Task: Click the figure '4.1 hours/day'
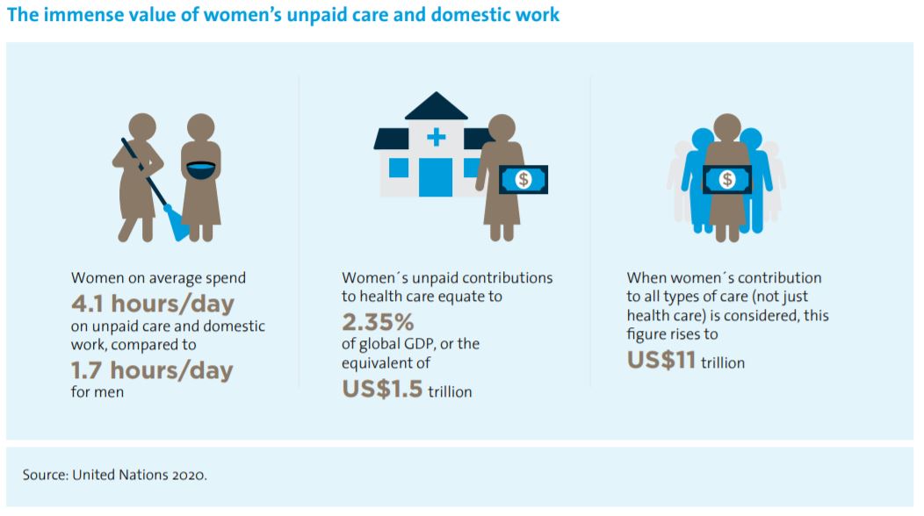[x=153, y=304]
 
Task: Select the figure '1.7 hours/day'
[x=152, y=370]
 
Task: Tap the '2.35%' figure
[x=378, y=322]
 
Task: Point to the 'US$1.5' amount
[x=382, y=389]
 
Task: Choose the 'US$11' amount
[x=661, y=360]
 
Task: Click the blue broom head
[x=177, y=224]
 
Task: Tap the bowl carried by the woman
[x=201, y=169]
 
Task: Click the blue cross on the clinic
[x=436, y=137]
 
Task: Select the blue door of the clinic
[x=436, y=176]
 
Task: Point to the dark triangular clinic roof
[x=436, y=106]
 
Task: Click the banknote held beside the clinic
[x=523, y=179]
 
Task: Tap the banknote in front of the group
[x=727, y=179]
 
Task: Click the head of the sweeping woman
[x=142, y=126]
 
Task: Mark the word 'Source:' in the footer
[x=46, y=475]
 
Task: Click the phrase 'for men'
[x=97, y=391]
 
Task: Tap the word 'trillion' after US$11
[x=723, y=362]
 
